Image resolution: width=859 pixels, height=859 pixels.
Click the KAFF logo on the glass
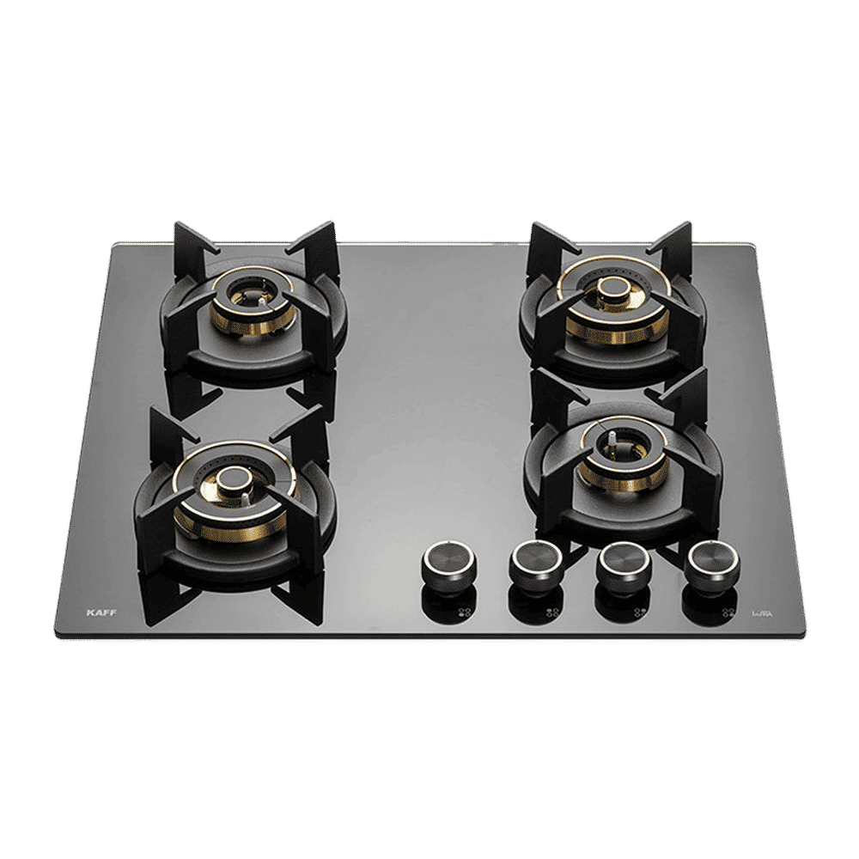101,612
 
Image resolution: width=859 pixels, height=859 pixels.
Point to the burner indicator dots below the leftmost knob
465,612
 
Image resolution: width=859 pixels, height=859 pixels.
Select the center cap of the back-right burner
613,289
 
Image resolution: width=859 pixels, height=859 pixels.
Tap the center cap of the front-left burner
232,483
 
